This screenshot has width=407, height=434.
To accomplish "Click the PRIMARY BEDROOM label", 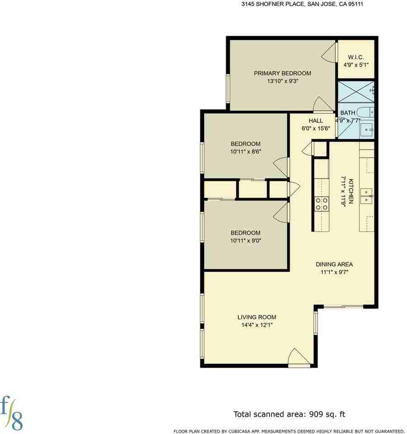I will pos(282,74).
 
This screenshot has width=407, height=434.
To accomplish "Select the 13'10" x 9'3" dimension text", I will pos(283,82).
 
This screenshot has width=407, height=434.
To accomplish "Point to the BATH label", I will pos(348,113).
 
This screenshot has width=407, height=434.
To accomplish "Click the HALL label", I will pos(316,121).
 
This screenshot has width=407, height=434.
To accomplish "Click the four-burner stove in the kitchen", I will pos(322,204).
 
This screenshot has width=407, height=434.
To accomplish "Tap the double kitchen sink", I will pos(366,196).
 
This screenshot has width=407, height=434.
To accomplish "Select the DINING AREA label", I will pos(334,264).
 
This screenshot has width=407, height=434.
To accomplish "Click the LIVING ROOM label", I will pos(257,317).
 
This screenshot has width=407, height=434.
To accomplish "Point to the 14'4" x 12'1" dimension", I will pos(257,325).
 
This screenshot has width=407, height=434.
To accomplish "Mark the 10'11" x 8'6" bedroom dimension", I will pos(245,152).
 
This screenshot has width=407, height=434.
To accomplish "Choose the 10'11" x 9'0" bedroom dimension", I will pos(245,241).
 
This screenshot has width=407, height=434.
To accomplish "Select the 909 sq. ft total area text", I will pos(289,414).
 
